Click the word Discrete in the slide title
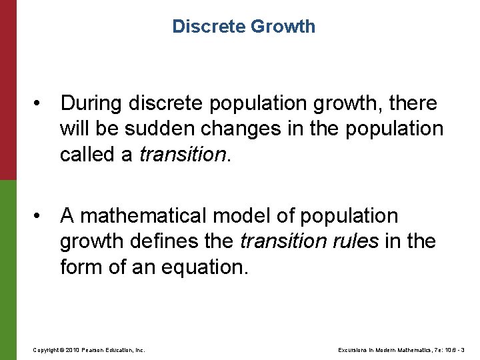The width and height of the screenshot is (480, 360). point(209,27)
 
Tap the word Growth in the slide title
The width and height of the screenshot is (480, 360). point(283,27)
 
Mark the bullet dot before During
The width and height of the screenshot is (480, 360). point(42,104)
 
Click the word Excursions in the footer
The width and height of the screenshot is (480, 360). point(354,349)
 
